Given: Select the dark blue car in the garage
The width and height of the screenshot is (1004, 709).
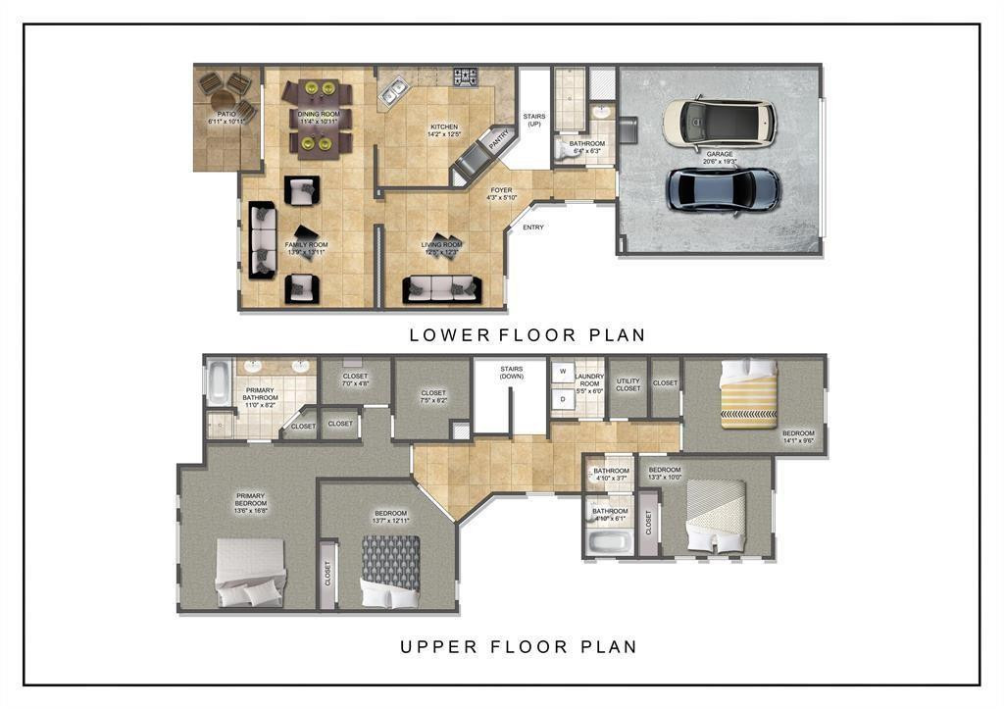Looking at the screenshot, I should point(724,188).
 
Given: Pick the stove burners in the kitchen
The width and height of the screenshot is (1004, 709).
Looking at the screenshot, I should point(464,75).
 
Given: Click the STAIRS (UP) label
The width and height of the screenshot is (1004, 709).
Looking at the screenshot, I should point(534,121).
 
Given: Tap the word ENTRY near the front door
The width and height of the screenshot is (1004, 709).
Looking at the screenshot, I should point(533,228).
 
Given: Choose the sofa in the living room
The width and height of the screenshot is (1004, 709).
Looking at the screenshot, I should point(441,288).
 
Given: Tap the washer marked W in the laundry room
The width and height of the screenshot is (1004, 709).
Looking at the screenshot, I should point(563,373).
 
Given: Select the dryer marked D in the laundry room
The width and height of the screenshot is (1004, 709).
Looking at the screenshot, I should point(563,399).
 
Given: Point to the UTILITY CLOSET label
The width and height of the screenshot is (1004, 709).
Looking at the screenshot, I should point(627,384).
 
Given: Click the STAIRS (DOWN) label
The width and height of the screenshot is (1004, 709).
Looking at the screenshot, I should point(511,373).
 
